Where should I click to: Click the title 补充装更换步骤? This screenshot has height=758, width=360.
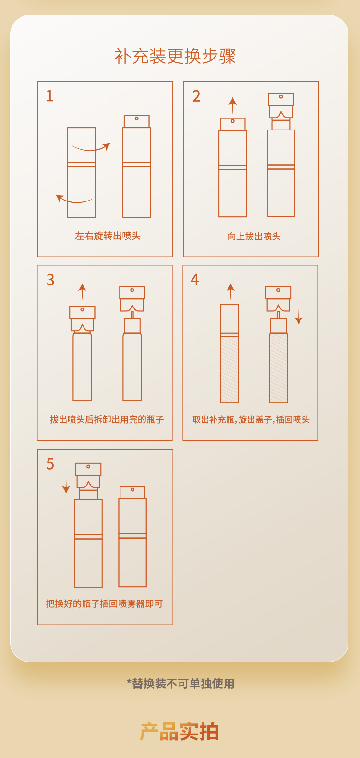175,56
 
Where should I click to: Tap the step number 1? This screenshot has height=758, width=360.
50,96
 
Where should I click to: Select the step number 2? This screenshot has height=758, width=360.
196,96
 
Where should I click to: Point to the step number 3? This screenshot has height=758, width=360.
50,280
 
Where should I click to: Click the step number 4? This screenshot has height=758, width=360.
195,280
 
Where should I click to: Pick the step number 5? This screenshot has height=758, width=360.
50,464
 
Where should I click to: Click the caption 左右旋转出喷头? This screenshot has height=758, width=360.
108,236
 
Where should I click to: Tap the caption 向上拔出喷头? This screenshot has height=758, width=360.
254,237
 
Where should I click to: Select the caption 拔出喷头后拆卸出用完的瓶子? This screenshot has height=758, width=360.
107,420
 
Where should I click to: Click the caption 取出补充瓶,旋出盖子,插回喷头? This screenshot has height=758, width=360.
251,420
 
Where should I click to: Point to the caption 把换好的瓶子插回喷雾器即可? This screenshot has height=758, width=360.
104,604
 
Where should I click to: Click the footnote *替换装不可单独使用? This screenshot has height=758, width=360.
180,684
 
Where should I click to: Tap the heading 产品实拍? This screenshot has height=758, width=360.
179,731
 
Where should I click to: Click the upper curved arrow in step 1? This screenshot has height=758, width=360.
91,149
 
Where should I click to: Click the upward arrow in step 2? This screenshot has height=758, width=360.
233,105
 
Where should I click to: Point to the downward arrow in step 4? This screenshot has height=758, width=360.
299,317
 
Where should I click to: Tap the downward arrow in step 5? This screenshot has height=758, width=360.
66,485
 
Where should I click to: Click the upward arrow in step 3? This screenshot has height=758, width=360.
82,292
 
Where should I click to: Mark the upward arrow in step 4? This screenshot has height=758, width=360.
230,292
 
